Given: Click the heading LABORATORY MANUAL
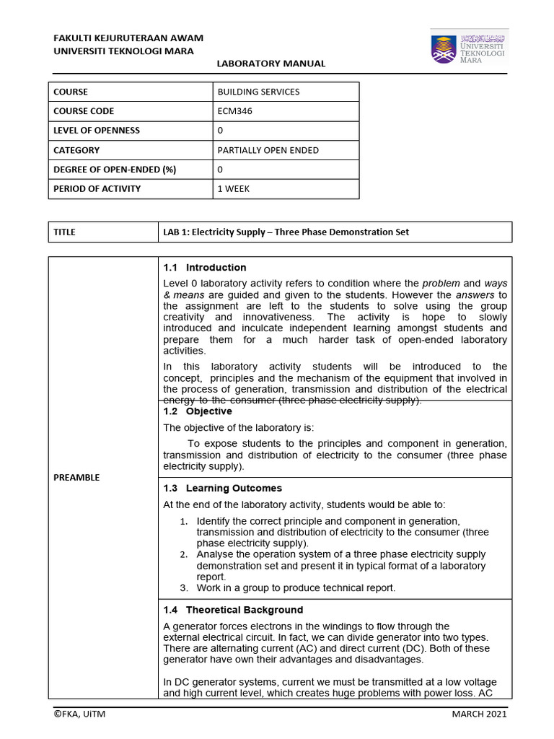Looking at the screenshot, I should coord(271,64).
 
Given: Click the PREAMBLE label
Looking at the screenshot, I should coord(76,478).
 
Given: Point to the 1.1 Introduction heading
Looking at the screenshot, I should coord(205,268).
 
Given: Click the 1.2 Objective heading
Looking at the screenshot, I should coord(198,411).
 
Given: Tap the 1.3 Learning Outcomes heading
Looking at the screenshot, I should coord(222,489).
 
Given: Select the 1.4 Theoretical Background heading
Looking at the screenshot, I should coord(233,610).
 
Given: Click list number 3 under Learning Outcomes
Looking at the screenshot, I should coord(184,588).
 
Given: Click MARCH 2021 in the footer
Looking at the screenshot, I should coord(479,714).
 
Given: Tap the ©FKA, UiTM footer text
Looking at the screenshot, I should coord(79,714).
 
